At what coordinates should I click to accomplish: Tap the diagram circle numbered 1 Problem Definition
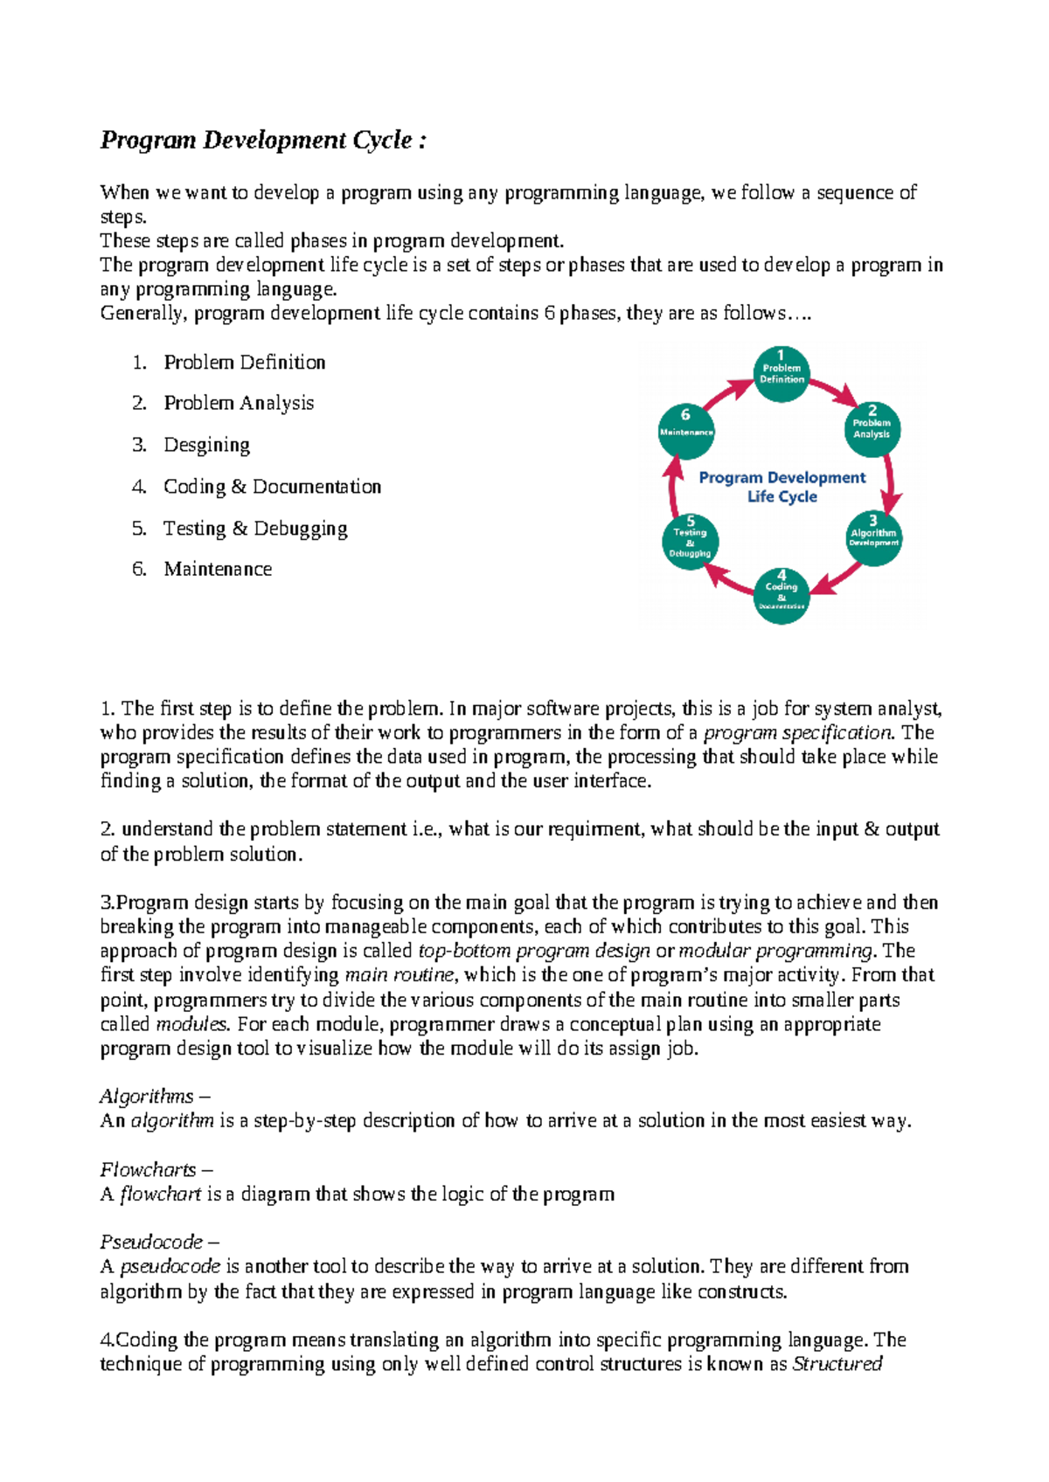pyautogui.click(x=781, y=374)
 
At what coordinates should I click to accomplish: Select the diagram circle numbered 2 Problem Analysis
pyautogui.click(x=872, y=428)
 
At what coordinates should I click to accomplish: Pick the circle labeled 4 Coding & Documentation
pyautogui.click(x=781, y=596)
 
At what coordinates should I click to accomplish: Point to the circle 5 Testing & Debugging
pyautogui.click(x=690, y=542)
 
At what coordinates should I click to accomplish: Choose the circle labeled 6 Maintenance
pyautogui.click(x=686, y=430)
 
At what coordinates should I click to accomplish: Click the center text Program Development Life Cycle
pyautogui.click(x=782, y=487)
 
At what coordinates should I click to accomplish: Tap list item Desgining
pyautogui.click(x=206, y=445)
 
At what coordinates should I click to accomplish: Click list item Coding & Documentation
pyautogui.click(x=272, y=487)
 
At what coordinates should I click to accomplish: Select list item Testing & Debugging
pyautogui.click(x=255, y=529)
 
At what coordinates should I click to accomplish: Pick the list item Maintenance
pyautogui.click(x=218, y=570)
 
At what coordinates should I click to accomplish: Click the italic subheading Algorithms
pyautogui.click(x=147, y=1097)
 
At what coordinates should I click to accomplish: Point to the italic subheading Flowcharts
pyautogui.click(x=148, y=1170)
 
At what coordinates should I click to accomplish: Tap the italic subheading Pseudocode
pyautogui.click(x=151, y=1243)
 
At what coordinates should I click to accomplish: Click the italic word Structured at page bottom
pyautogui.click(x=837, y=1365)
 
